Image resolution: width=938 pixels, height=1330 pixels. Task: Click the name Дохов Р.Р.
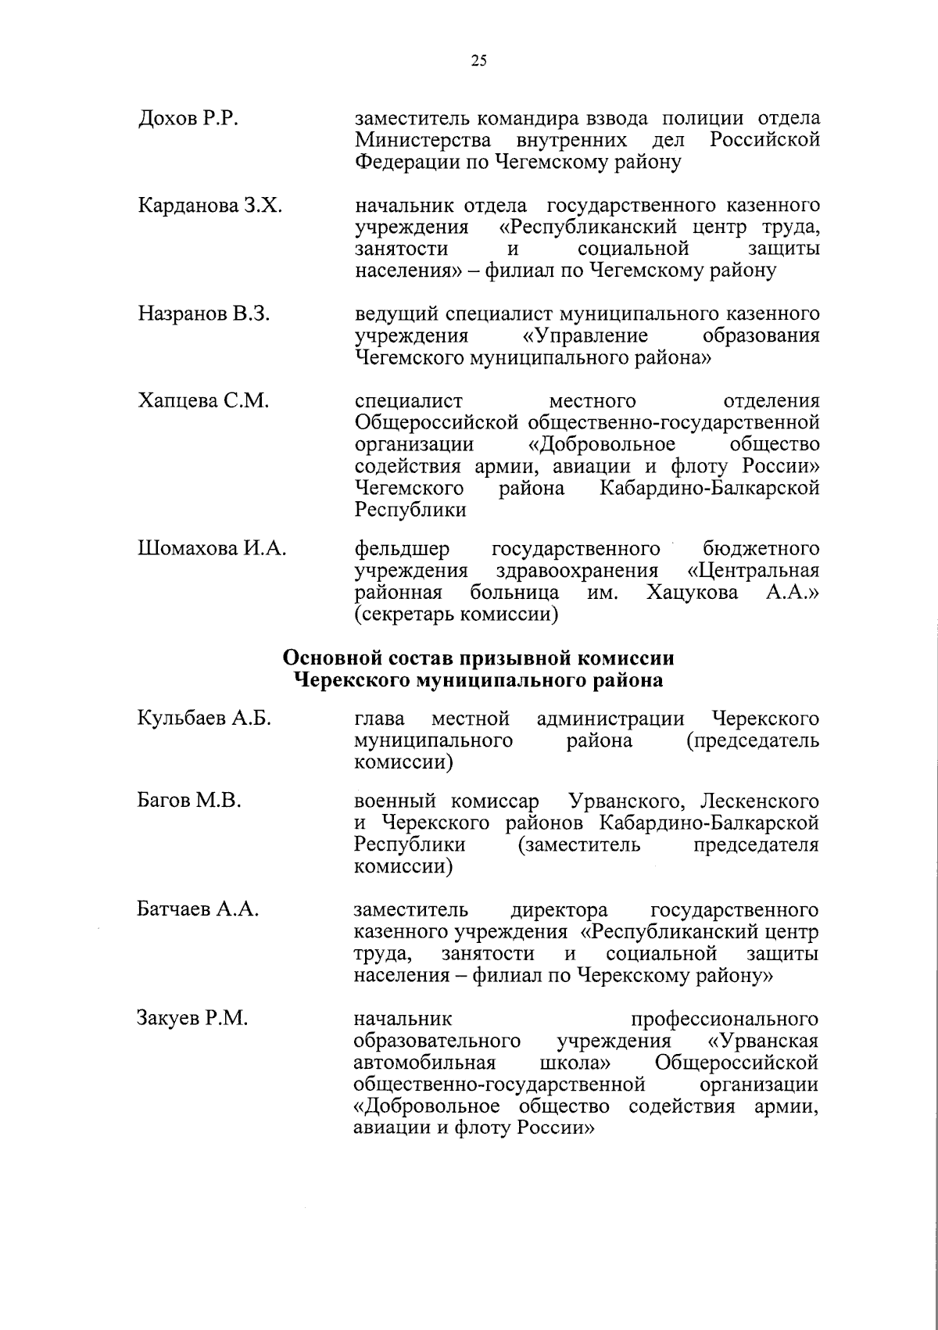188,119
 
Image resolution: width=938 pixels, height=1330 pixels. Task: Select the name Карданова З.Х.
210,206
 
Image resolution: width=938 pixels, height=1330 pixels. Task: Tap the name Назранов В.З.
204,314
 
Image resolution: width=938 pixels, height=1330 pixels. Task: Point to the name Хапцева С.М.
203,401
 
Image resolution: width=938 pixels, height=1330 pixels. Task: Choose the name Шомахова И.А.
212,549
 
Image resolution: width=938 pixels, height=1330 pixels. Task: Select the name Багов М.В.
189,801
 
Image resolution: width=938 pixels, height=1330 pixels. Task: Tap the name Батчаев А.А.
199,910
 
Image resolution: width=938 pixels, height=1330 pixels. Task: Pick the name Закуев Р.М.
192,1019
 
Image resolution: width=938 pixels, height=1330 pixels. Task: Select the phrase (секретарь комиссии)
456,615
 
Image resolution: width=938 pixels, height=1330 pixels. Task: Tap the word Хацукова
693,593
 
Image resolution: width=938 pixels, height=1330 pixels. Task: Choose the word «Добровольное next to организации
602,445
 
